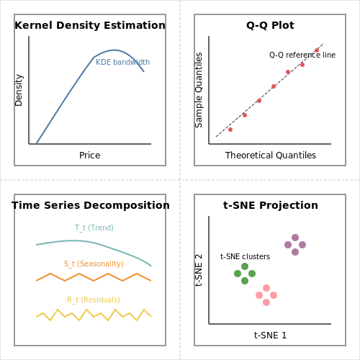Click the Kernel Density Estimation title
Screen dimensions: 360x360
click(90, 25)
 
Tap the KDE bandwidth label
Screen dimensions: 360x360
click(123, 62)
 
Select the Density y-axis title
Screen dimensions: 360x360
click(19, 90)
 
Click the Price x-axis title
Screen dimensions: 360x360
click(90, 156)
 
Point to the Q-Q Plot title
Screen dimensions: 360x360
click(270, 25)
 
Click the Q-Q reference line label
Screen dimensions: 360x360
click(302, 55)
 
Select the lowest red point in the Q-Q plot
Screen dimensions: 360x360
click(230, 130)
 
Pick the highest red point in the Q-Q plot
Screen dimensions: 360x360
click(317, 50)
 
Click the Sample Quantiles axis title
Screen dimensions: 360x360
click(199, 90)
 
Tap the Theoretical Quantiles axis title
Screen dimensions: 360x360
click(271, 156)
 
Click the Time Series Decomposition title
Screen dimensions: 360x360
click(91, 205)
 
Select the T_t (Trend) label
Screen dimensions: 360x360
click(94, 228)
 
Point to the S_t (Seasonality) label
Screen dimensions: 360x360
click(94, 264)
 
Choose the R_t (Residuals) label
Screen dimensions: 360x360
click(94, 300)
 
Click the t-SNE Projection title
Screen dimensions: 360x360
click(271, 205)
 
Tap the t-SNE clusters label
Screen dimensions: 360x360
click(245, 256)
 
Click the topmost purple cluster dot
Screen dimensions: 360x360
click(295, 238)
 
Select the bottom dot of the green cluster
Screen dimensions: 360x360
click(245, 281)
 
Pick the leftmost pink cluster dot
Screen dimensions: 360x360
click(259, 295)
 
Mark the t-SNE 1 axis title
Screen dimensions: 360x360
click(271, 336)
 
